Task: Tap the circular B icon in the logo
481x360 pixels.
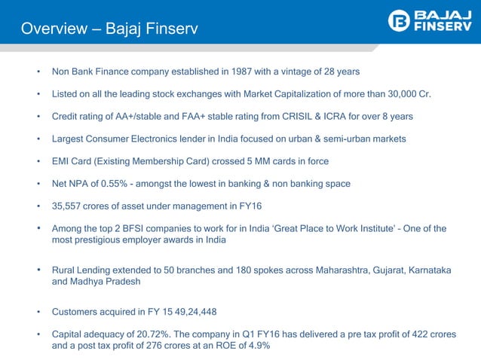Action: click(400, 22)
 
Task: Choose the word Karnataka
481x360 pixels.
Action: click(427, 270)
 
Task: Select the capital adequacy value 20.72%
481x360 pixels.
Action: click(154, 334)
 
